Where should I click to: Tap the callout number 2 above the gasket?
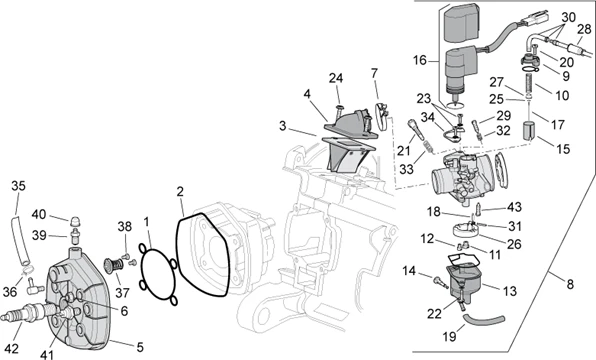coord(180,191)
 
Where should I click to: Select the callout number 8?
coord(570,285)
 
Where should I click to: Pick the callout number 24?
coord(336,78)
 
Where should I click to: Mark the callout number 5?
coord(139,347)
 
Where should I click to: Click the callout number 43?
coord(516,207)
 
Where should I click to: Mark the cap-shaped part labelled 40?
coord(75,216)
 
